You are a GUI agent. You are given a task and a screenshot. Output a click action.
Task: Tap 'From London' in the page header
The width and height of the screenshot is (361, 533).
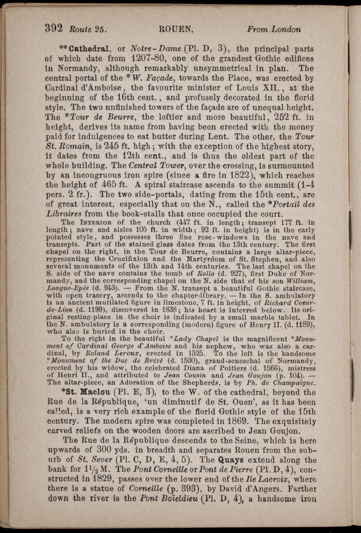click(274, 29)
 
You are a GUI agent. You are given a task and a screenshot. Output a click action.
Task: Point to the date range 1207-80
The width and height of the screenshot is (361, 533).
click(149, 59)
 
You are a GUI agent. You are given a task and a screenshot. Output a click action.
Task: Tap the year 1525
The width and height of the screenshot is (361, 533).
click(196, 354)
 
